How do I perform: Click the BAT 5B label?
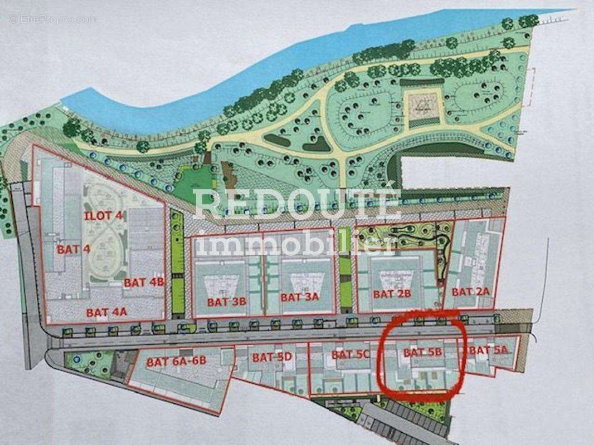coord(422,352)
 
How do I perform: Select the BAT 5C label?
coord(350,354)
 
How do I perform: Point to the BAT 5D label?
coord(272,357)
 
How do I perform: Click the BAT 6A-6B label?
coord(177,362)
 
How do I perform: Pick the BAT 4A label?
coord(106,312)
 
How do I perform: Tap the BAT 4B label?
coord(144,282)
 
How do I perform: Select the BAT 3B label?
coord(226,302)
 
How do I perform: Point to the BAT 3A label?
coord(299,296)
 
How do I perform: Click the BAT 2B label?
coord(392,293)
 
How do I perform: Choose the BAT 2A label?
coord(470,291)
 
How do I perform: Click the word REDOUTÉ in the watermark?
coord(297,204)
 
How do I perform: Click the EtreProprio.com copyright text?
coord(53,19)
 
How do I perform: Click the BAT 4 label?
coord(73,249)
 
